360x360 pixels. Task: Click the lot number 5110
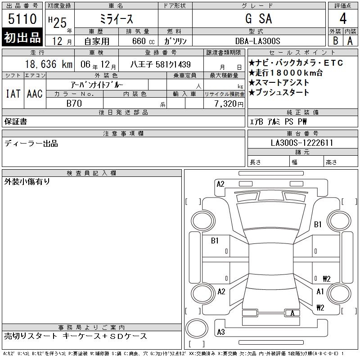22,18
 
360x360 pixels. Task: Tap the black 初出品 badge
22,37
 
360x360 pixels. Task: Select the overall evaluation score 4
343,18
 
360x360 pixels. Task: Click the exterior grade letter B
335,41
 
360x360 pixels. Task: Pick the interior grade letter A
350,41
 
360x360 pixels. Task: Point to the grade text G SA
258,18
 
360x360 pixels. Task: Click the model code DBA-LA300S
257,41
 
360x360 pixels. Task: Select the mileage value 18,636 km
49,64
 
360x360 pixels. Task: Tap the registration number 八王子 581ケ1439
161,64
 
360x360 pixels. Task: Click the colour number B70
74,103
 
